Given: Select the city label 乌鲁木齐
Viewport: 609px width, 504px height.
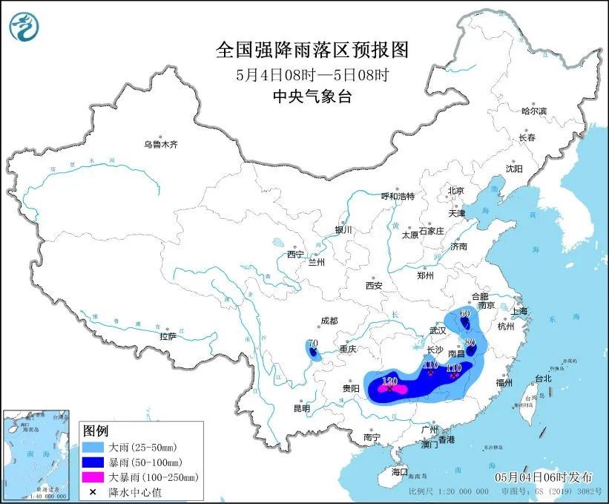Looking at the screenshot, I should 161,144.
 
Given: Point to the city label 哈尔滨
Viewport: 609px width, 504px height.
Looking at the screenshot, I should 533,111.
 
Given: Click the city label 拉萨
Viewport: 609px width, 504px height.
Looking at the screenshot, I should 168,336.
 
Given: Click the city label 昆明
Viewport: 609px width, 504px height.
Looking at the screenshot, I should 301,408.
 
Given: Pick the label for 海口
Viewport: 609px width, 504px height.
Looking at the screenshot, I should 400,471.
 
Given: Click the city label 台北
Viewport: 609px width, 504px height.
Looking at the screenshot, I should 542,379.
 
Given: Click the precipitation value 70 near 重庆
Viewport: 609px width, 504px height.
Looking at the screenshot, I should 312,344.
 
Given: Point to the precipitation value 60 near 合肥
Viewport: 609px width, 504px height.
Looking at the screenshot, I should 465,313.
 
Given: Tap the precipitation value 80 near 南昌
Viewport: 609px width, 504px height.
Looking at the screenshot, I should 470,342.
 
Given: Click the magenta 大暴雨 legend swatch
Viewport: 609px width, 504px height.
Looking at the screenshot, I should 95,477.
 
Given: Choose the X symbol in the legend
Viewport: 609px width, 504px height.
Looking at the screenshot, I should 95,491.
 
